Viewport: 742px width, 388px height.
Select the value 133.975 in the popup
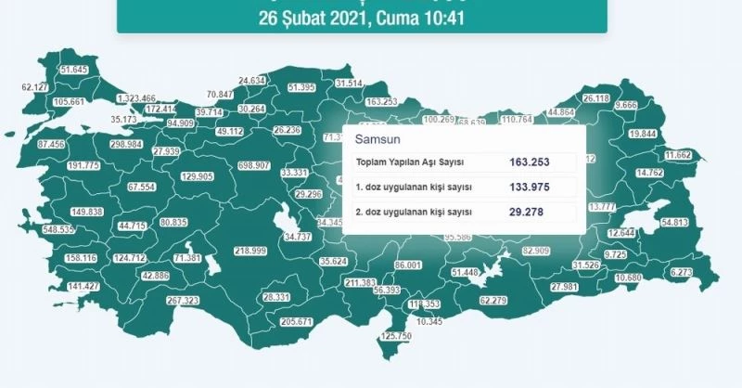tap(530, 187)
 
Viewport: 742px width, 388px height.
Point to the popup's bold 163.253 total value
tap(530, 162)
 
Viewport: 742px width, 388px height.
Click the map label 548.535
tap(45, 229)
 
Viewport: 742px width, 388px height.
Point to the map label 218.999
tap(250, 252)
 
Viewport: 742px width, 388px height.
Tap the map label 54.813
tap(673, 223)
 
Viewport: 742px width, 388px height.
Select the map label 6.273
tap(681, 273)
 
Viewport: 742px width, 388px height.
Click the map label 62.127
tap(35, 87)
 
